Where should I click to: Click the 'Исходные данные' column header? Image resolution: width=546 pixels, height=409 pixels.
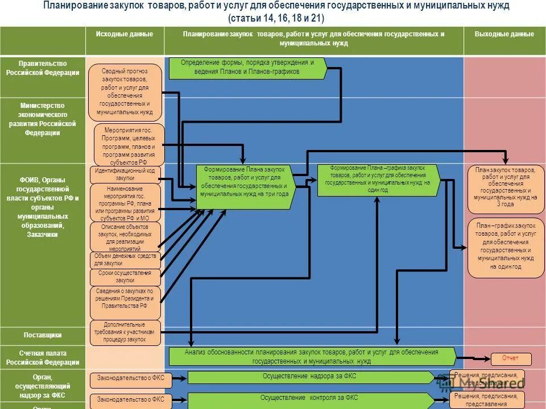124,35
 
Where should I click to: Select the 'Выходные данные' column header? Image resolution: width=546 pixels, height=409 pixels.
504,35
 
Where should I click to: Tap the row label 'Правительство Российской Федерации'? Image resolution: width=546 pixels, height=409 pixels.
43,68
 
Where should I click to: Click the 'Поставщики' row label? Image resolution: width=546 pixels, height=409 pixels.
43,335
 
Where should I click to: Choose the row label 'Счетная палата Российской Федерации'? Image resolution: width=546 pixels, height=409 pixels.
43,357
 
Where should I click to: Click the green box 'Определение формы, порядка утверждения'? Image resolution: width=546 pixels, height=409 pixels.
247,68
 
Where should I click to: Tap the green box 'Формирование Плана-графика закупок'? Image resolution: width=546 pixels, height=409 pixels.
378,180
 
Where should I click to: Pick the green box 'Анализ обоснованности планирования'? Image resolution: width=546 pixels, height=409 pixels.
312,357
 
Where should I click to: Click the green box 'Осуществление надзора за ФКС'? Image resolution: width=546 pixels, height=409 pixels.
311,377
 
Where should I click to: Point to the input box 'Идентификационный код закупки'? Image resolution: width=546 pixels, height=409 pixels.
125,174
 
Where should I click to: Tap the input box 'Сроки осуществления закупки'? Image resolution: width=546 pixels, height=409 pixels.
125,277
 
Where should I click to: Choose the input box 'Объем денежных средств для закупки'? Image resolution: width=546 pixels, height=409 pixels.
125,260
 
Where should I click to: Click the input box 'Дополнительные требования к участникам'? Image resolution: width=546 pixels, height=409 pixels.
125,332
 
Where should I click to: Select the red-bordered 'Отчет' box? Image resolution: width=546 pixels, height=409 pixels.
511,358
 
